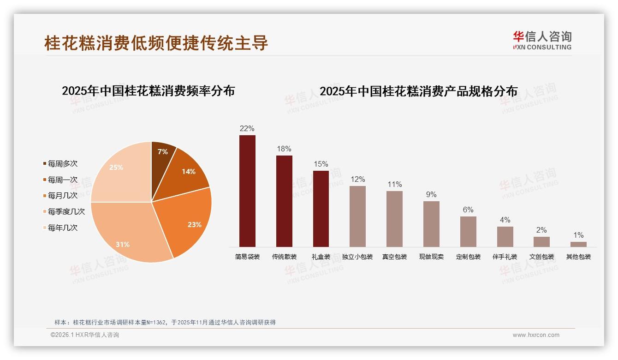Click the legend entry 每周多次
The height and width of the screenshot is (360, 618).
coord(62,164)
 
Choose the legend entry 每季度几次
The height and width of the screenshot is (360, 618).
coord(66,212)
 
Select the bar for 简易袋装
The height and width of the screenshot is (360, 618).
coord(247,191)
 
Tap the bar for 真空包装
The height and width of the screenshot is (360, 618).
coord(394,219)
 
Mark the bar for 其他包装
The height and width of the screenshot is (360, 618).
coord(578,244)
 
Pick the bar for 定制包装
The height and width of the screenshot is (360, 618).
coord(468,231)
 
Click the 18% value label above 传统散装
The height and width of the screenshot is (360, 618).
coord(284,149)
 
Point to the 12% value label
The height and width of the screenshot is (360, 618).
coord(357,180)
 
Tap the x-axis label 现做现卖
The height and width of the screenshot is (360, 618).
coord(431,257)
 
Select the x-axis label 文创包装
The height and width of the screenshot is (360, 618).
coord(541,257)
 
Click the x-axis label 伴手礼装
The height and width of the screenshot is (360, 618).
coord(505,257)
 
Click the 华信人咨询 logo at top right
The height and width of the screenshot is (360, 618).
coord(542,41)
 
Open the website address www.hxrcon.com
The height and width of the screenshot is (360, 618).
coord(536,335)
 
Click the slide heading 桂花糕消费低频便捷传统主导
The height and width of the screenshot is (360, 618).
coord(156,43)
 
